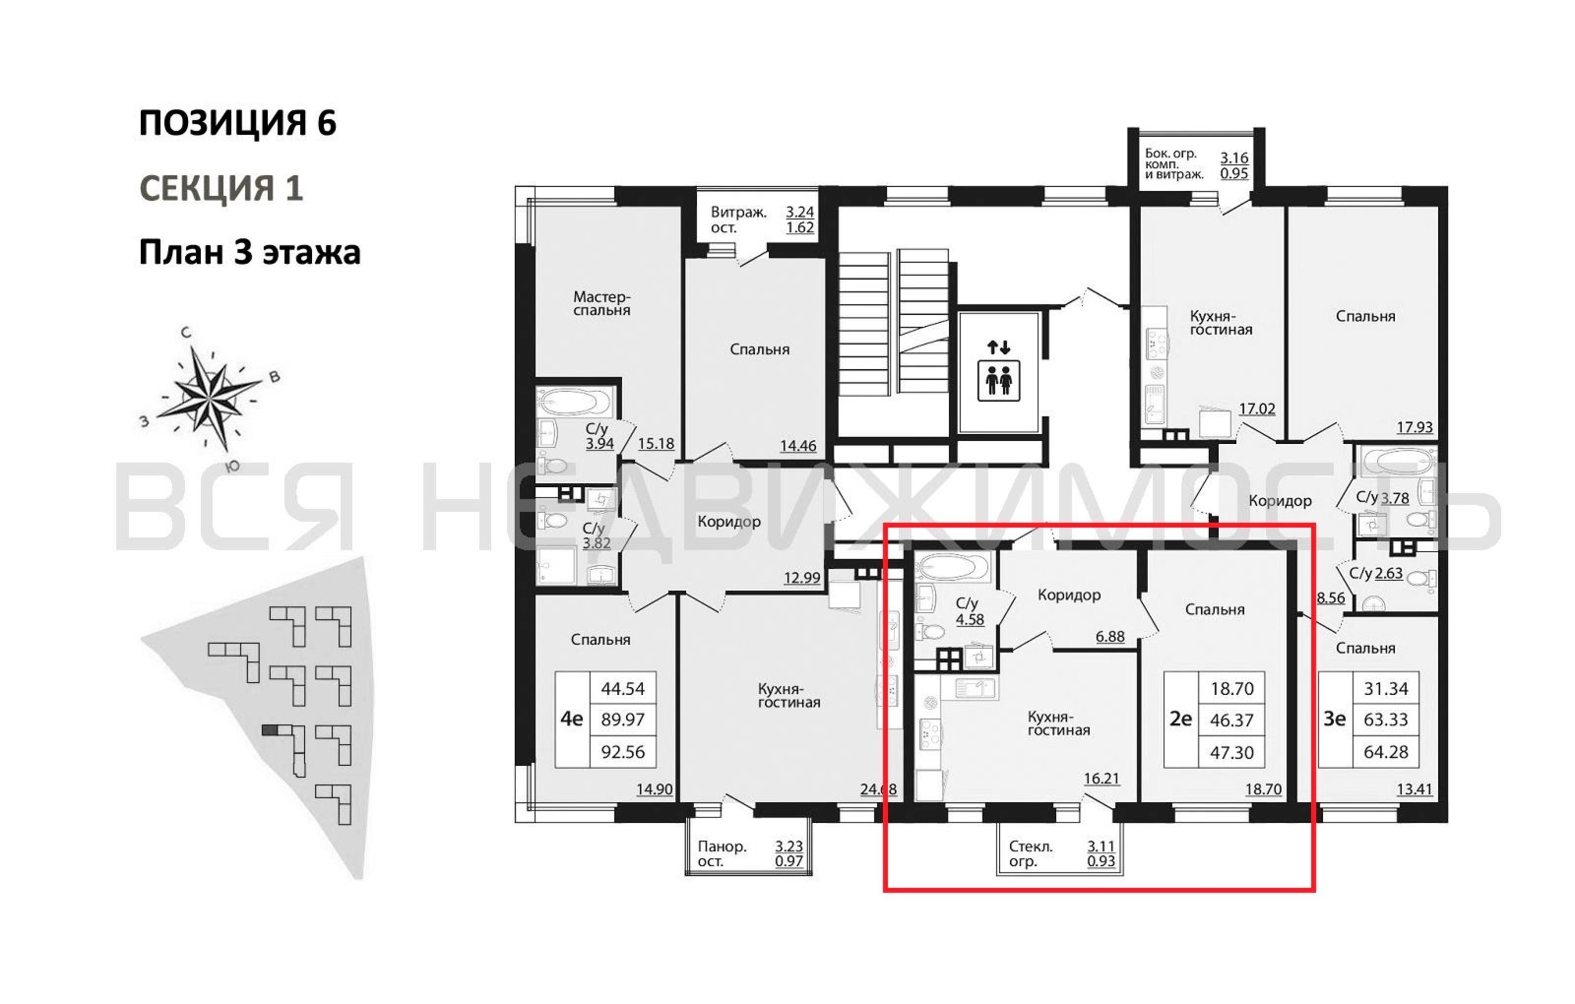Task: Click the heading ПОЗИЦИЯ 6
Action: (x=237, y=122)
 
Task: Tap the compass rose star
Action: (x=208, y=397)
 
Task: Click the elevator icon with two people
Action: (x=998, y=380)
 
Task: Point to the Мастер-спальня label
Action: (x=602, y=304)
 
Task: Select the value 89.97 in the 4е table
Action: (x=623, y=719)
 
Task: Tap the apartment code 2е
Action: (x=1180, y=719)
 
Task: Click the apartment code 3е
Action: (x=1335, y=719)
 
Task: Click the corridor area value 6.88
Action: (x=1110, y=636)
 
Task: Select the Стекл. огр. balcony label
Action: (x=1031, y=853)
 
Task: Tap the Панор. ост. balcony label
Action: (x=722, y=853)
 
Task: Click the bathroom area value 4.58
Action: (x=970, y=619)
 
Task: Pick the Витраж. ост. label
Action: (x=739, y=220)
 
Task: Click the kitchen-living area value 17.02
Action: (x=1257, y=409)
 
